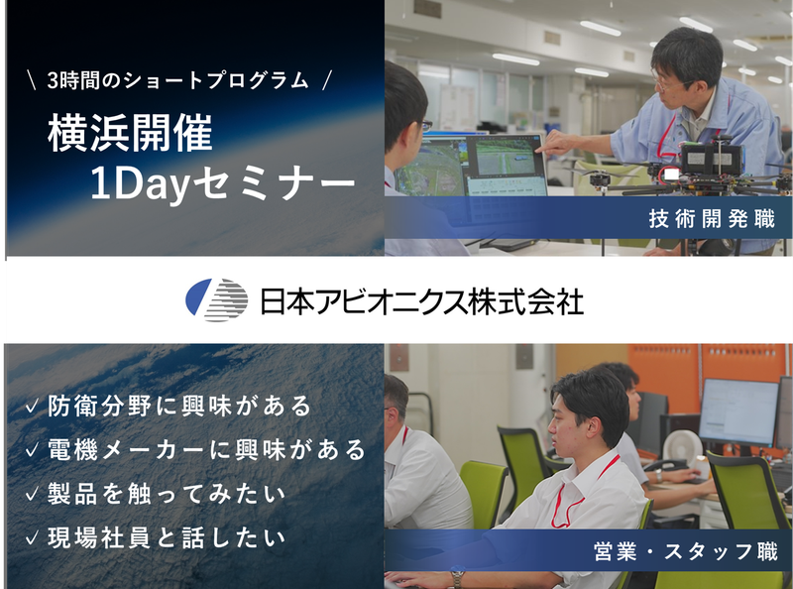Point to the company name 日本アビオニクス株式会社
click(x=421, y=299)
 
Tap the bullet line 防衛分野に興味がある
click(x=179, y=406)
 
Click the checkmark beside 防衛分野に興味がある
click(x=32, y=407)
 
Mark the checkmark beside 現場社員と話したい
click(x=32, y=537)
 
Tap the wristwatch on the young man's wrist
click(x=457, y=578)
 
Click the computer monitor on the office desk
click(x=737, y=411)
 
